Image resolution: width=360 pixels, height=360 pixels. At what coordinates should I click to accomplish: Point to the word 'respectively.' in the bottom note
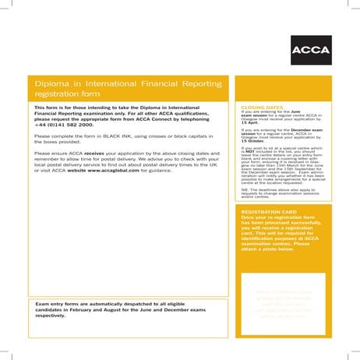pos(52,316)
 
